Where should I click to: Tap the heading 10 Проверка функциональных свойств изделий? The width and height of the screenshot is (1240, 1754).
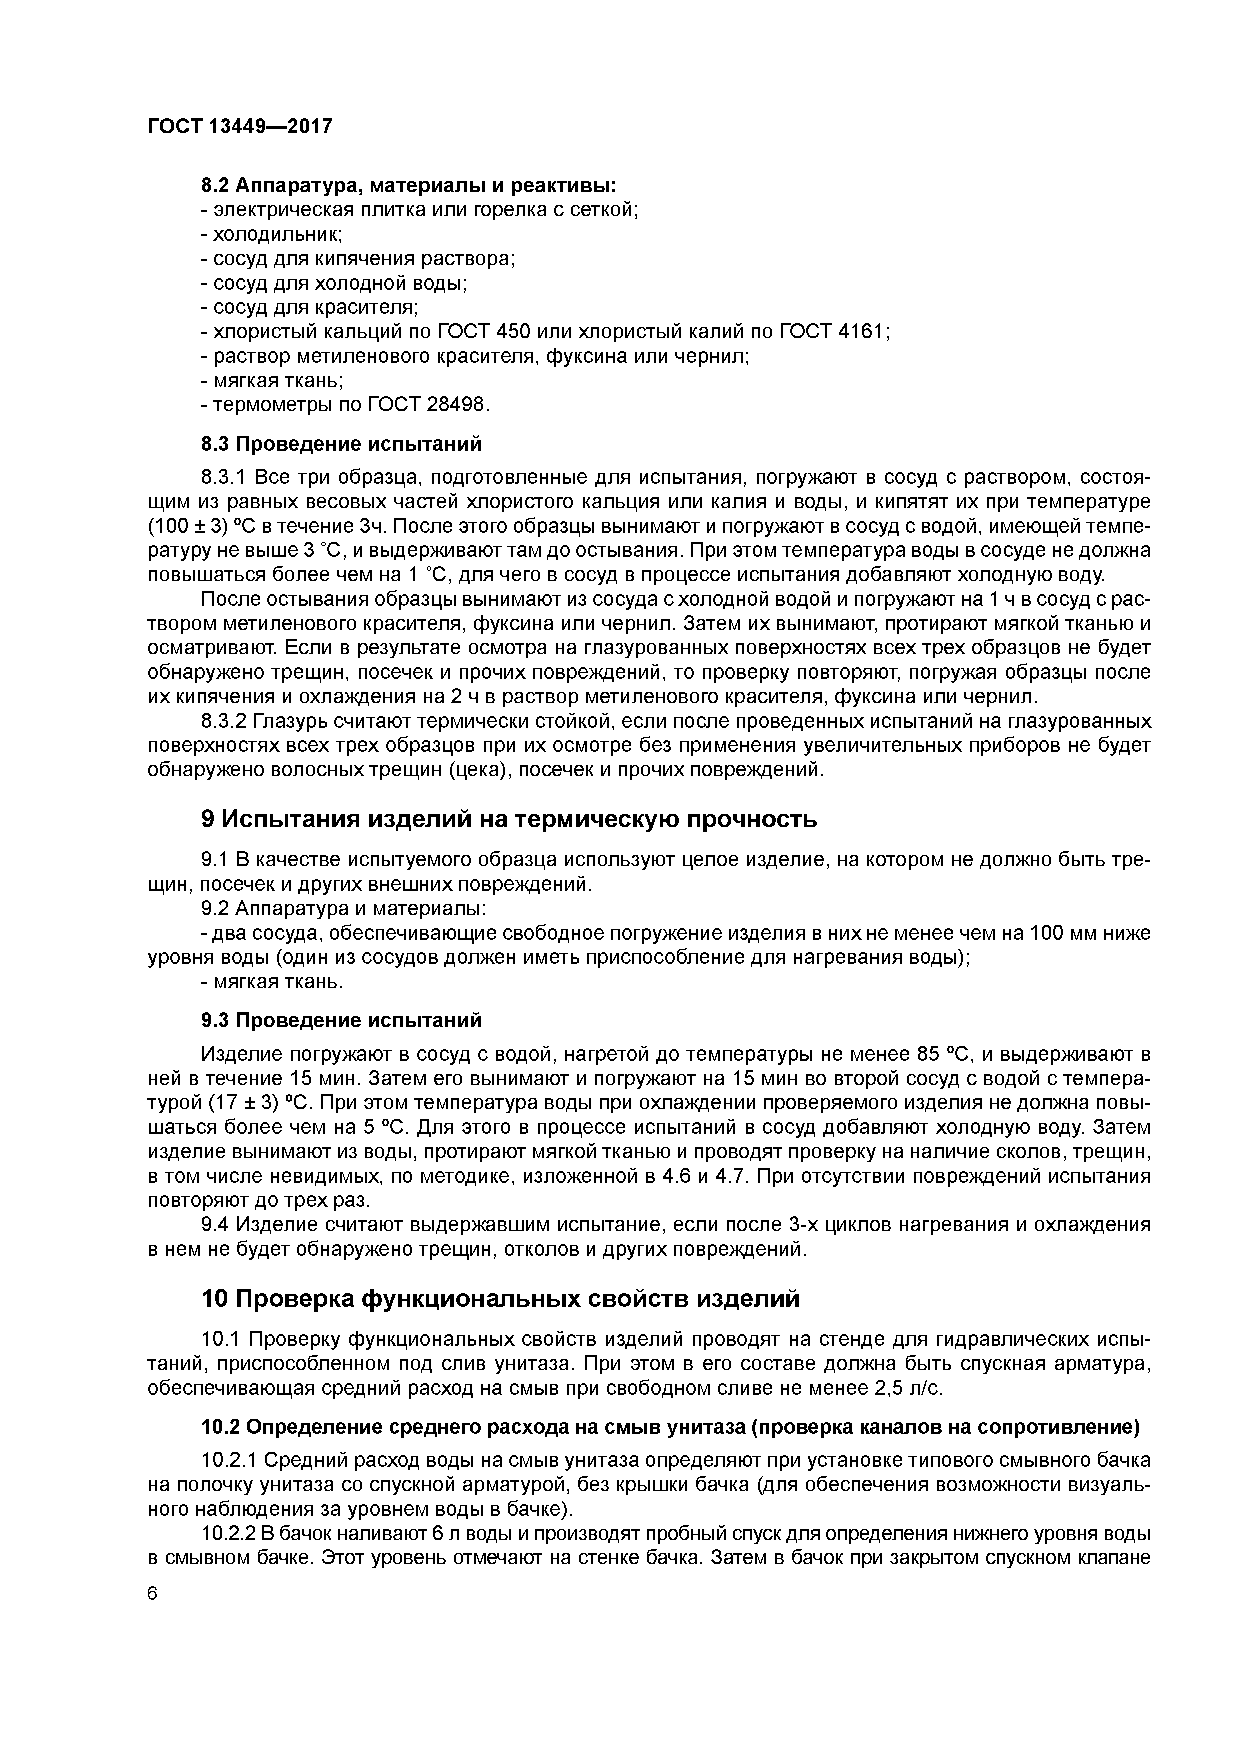click(500, 1298)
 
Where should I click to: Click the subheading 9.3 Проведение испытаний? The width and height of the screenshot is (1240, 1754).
click(341, 1020)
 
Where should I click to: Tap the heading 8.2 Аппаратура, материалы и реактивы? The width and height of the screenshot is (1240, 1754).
click(408, 185)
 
